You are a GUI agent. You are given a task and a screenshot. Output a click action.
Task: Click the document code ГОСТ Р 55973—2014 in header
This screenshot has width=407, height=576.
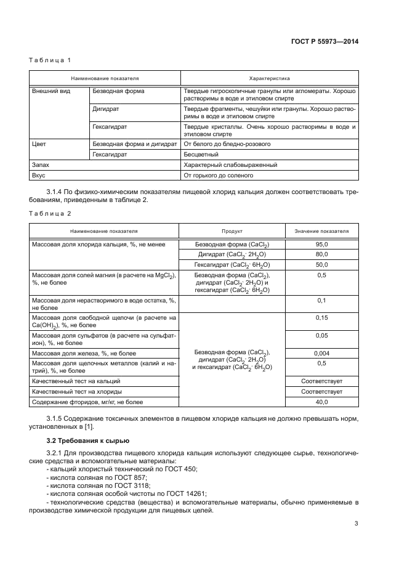(325, 41)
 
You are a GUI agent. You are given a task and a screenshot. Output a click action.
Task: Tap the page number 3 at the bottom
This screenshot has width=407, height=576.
(357, 524)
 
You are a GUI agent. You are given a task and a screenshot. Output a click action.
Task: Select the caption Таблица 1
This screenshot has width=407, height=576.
(50, 60)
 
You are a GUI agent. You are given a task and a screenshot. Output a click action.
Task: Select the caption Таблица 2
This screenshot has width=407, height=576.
(50, 213)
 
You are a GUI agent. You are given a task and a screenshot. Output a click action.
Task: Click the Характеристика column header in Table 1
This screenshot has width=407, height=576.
(269, 79)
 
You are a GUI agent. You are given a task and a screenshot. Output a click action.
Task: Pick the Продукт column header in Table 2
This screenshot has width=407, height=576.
(232, 232)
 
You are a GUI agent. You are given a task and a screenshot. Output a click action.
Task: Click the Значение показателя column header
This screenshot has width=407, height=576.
(321, 232)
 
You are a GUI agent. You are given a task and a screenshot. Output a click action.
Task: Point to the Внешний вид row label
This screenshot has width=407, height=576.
(50, 91)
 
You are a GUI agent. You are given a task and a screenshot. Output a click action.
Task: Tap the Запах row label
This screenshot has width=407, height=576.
(40, 165)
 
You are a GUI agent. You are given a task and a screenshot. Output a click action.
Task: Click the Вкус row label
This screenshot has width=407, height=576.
(39, 175)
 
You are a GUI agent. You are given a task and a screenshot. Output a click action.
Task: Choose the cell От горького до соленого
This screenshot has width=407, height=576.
(219, 175)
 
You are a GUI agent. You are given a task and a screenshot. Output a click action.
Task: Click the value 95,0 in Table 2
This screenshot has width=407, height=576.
(321, 245)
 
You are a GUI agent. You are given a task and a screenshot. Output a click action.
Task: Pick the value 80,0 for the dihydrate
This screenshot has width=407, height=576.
(321, 254)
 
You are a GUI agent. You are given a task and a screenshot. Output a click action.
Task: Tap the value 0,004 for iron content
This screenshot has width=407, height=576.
(321, 354)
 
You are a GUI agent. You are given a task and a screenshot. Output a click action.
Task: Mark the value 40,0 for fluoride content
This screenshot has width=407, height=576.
(321, 402)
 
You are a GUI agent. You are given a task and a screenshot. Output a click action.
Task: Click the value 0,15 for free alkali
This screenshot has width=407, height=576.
(321, 318)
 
